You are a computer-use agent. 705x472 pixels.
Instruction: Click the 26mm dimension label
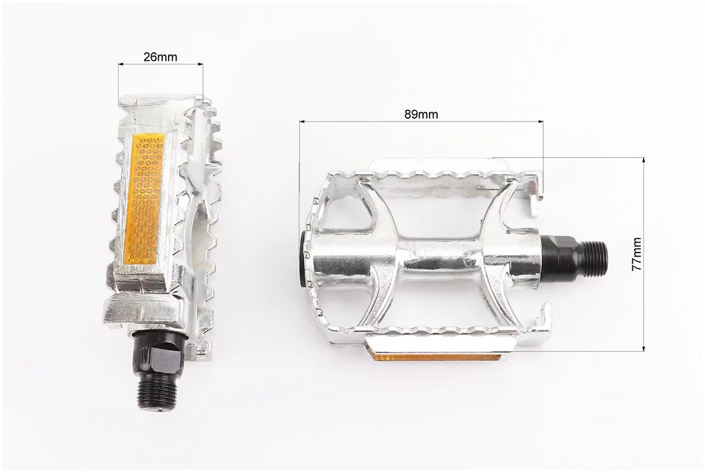(160, 57)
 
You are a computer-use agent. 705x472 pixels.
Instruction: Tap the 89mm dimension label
(421, 114)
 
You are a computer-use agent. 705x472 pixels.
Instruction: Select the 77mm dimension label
(637, 254)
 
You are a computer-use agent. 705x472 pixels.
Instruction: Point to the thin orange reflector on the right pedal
(435, 358)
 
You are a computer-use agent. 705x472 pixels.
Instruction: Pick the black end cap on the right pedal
(304, 260)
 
